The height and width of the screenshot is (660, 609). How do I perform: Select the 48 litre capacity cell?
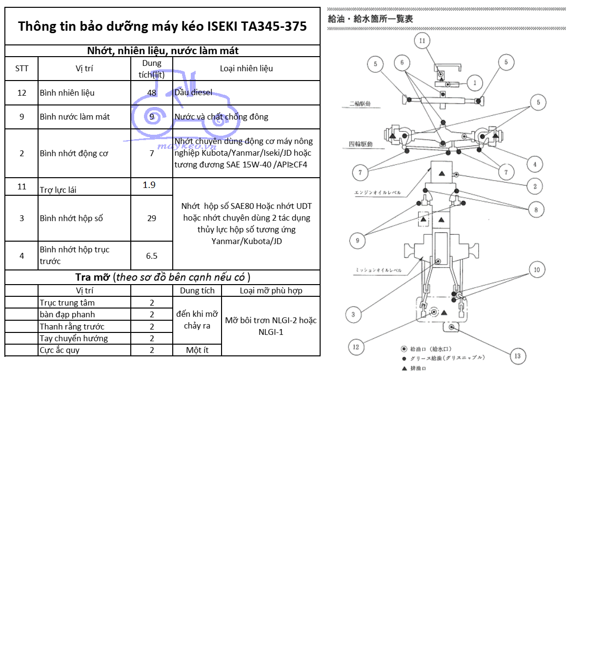(152, 93)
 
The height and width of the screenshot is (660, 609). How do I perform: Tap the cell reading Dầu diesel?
(194, 93)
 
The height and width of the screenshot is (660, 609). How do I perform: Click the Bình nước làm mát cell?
(75, 117)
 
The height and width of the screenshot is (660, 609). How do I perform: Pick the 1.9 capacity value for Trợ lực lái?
(149, 185)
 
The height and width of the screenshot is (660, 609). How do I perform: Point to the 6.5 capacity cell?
(152, 256)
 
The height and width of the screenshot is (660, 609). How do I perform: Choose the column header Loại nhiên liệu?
(246, 68)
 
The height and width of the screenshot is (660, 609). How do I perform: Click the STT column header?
(21, 68)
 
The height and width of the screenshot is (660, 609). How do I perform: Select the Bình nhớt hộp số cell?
(71, 218)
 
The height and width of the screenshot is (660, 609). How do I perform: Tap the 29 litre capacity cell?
(152, 218)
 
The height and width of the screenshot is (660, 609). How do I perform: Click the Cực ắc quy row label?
(60, 350)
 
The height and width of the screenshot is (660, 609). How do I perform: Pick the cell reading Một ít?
(197, 350)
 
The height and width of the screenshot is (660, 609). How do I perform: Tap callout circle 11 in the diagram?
(422, 41)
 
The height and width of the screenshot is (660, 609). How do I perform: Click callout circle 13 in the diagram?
(517, 356)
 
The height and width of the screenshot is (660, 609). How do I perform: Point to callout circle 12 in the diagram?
(356, 347)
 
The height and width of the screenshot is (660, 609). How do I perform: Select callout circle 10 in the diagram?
(537, 269)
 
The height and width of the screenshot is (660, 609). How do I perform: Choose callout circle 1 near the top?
(475, 83)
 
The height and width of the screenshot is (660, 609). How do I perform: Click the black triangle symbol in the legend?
(404, 369)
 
